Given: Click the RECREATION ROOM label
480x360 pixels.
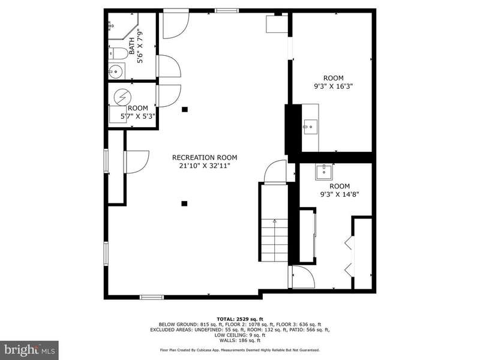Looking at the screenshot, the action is point(205,158).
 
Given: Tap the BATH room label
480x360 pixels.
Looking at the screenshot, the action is point(131,46).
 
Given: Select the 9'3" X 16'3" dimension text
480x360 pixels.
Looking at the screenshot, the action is point(334,86).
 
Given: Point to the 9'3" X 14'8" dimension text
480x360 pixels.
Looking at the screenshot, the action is point(340,194).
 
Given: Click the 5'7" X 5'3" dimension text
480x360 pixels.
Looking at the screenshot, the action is point(138,116).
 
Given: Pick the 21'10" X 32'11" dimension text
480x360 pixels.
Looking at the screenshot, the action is point(205,166).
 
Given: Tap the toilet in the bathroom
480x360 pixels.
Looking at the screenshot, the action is point(118,53).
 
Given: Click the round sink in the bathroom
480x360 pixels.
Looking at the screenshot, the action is point(116,71).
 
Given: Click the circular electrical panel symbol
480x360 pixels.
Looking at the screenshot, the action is point(122,97).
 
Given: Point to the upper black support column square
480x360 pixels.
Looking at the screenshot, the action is point(185,109).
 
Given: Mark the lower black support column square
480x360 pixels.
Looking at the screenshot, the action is point(184,203).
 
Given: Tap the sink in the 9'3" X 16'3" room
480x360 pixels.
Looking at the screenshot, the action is point(310,127).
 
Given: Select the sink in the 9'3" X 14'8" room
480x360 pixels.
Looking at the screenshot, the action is point(324,172).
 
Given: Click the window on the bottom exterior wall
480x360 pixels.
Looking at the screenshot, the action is point(152,297).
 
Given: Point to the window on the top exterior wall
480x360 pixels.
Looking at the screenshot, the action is point(227,11).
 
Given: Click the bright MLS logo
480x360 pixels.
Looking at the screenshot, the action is point(29,350).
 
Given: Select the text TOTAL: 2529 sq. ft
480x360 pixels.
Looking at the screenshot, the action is point(240,319).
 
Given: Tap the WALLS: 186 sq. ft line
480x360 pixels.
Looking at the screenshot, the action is point(240,340).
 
